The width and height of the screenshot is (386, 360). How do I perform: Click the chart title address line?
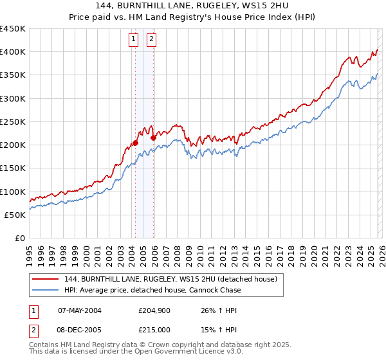click(x=193, y=6)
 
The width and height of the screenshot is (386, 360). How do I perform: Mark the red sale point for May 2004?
click(x=135, y=143)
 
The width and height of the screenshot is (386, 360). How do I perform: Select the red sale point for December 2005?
click(x=153, y=138)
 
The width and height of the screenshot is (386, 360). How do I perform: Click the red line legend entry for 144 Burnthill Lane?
click(x=170, y=279)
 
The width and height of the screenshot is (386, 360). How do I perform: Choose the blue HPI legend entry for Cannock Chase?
click(x=152, y=290)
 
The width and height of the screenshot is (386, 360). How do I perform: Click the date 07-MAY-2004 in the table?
click(x=80, y=310)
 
